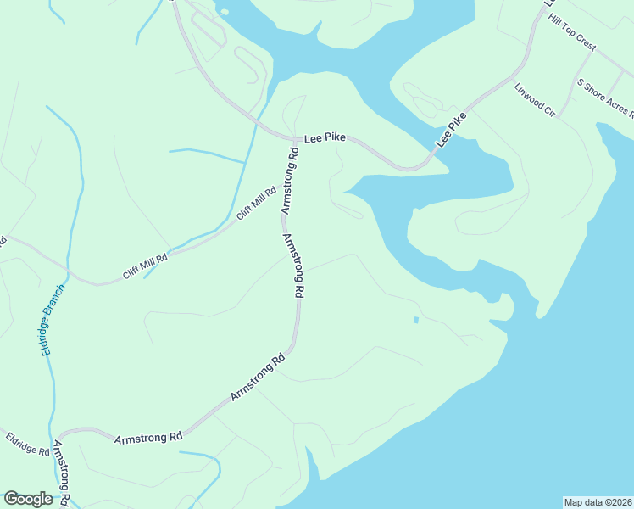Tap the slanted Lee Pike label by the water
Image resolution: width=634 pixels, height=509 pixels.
click(x=451, y=131)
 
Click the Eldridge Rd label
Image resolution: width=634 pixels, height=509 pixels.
click(x=27, y=445)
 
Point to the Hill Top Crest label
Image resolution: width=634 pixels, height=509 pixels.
click(x=572, y=31)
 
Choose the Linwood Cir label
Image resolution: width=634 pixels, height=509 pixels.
click(x=534, y=100)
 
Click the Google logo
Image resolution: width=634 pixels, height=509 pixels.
click(x=28, y=499)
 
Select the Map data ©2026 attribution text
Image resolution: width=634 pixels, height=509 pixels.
click(x=598, y=502)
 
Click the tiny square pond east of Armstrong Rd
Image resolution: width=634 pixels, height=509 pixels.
click(x=415, y=320)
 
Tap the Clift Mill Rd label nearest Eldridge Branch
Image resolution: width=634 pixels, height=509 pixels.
click(x=145, y=263)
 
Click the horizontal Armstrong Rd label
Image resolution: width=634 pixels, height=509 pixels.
click(x=148, y=438)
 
